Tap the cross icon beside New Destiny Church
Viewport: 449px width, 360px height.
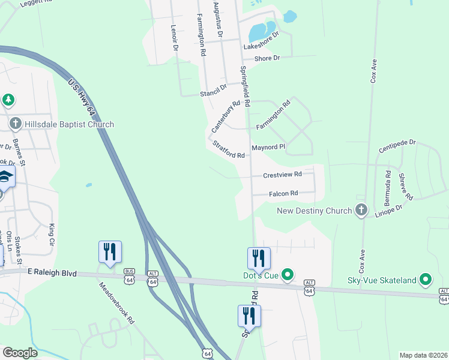(361, 211)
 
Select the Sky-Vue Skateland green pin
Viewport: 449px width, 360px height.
(426, 280)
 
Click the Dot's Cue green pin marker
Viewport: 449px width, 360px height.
(288, 275)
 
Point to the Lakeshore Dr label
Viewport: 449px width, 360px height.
(261, 41)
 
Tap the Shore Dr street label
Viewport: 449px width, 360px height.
(267, 58)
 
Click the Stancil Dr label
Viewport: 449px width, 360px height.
(213, 90)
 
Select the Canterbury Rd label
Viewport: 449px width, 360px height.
(226, 116)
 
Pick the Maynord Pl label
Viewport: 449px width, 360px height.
(268, 147)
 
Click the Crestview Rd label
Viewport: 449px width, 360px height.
(282, 175)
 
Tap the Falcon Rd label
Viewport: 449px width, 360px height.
(283, 193)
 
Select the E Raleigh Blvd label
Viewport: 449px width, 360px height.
(52, 272)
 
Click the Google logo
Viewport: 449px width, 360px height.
(20, 353)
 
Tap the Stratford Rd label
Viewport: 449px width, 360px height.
(228, 149)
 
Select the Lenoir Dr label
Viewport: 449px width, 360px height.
(175, 37)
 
